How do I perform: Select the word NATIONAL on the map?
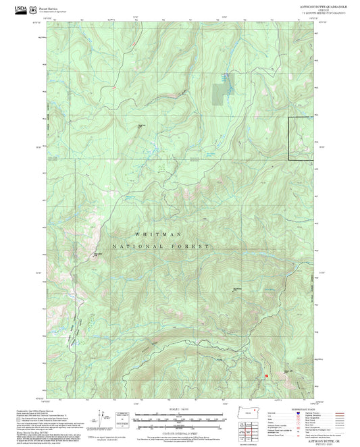[138, 247]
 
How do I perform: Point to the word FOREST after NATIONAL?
[192, 247]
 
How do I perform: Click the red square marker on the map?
[267, 375]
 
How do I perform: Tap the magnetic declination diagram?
[100, 415]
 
